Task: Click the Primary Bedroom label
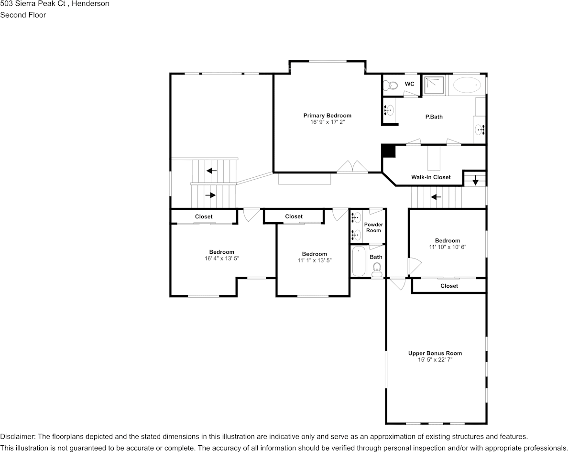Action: [x=327, y=116]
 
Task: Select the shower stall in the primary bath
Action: [x=434, y=85]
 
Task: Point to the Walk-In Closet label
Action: [x=431, y=177]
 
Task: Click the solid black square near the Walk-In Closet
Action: [x=389, y=151]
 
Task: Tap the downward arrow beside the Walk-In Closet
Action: [x=475, y=181]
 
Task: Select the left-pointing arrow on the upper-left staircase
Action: [x=211, y=171]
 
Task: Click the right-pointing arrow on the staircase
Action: [x=210, y=195]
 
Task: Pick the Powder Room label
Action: [x=373, y=227]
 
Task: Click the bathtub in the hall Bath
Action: [x=359, y=261]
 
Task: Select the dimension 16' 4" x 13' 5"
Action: [x=221, y=258]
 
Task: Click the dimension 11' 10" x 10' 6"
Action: [x=447, y=247]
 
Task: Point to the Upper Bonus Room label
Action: [x=435, y=354]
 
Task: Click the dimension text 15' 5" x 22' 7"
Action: [x=435, y=360]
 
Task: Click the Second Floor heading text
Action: [x=23, y=15]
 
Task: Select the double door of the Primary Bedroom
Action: [x=352, y=167]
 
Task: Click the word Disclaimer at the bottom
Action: [x=17, y=437]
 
